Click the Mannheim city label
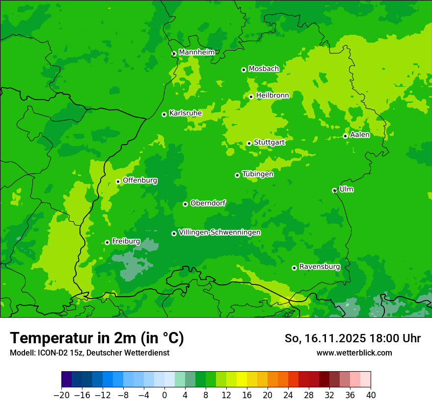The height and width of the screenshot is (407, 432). click(196, 52)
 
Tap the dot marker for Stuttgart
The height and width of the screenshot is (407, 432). click(249, 143)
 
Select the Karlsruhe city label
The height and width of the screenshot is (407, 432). click(185, 113)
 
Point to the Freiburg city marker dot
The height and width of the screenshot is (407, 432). click(107, 242)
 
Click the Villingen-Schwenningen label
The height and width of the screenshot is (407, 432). click(219, 232)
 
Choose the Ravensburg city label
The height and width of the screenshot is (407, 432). click(319, 267)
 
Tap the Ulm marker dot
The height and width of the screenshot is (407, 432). click(334, 191)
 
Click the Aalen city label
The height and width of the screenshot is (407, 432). click(360, 135)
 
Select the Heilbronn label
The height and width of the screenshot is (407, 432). click(272, 96)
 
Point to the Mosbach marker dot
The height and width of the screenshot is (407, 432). click(243, 70)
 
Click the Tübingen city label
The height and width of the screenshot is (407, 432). click(258, 174)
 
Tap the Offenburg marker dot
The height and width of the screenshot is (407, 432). click(118, 181)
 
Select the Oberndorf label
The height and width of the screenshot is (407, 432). click(208, 203)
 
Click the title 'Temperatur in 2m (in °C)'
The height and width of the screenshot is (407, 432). click(97, 338)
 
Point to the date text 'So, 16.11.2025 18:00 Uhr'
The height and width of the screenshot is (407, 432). click(352, 338)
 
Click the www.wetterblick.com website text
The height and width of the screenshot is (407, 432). click(354, 353)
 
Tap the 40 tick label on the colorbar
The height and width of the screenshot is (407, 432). click(371, 395)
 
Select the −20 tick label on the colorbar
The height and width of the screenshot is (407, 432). click(61, 395)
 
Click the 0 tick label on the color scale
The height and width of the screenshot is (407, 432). click(164, 395)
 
